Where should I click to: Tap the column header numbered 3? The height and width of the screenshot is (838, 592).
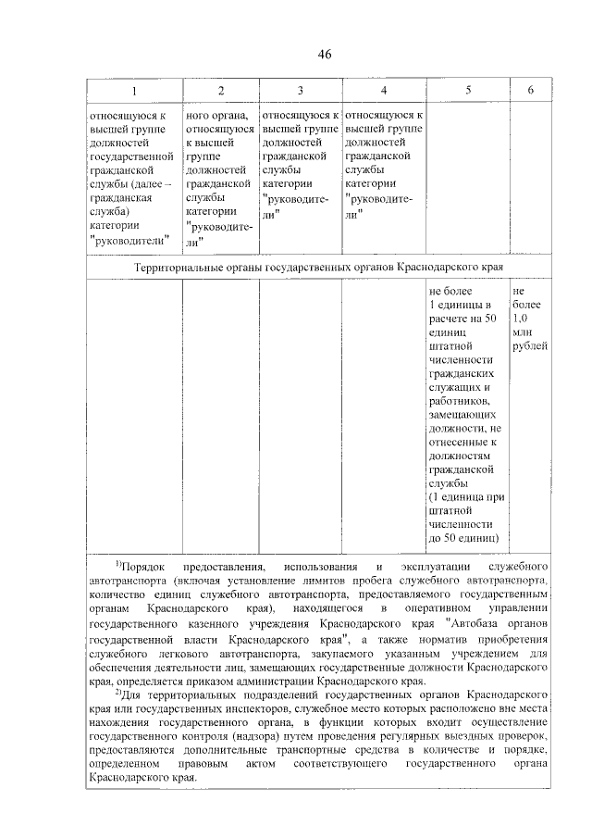click(300, 90)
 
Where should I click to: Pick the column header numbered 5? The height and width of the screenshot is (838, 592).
click(468, 90)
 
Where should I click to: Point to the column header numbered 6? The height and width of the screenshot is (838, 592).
click(530, 90)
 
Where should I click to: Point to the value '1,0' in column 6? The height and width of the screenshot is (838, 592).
click(520, 318)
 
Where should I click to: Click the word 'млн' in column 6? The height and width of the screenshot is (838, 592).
click(522, 331)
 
